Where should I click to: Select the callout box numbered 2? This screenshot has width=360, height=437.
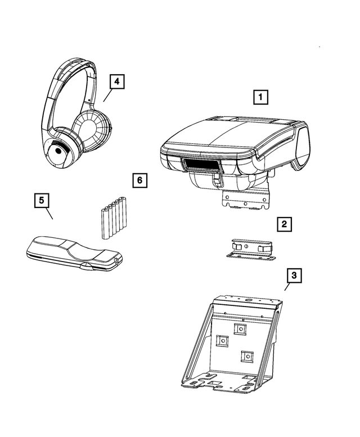click(x=285, y=224)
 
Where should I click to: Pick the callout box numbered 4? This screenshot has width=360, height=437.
click(x=116, y=82)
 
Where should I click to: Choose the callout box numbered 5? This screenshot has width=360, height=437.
click(x=40, y=200)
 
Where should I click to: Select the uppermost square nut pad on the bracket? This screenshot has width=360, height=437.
click(x=240, y=328)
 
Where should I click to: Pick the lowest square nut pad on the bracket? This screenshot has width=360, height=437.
click(x=246, y=356)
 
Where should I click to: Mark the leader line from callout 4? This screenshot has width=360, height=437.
click(x=107, y=95)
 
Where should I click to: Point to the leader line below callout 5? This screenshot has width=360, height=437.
click(x=48, y=214)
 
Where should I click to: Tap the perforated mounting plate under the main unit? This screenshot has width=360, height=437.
click(x=246, y=199)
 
